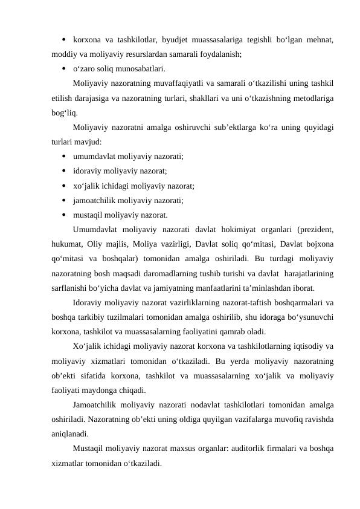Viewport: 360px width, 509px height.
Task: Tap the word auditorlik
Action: [250, 449]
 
